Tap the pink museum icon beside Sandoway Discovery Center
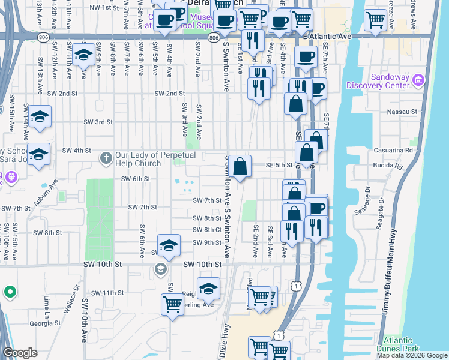[419, 80]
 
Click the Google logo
[21, 353]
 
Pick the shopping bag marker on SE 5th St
[240, 166]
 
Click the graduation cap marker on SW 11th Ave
[85, 55]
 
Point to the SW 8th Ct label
[208, 230]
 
